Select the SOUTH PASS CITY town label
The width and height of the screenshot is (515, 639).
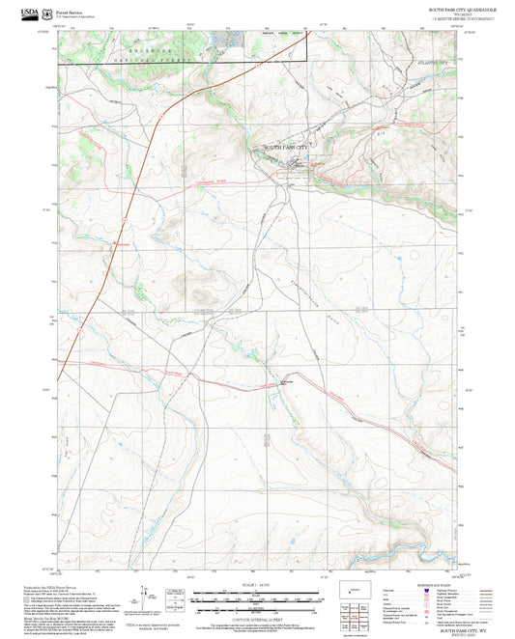point(290,146)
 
